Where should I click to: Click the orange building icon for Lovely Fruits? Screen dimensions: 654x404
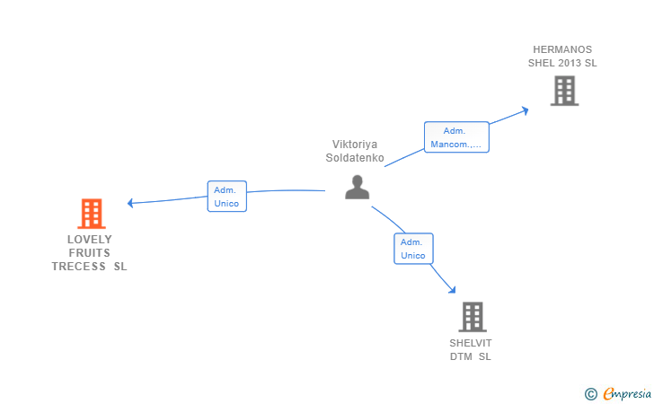(92, 214)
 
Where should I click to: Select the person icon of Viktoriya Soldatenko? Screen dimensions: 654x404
(357, 188)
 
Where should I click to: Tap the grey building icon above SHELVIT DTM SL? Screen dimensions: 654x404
(473, 317)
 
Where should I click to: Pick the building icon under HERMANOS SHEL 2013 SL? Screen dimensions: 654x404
(564, 91)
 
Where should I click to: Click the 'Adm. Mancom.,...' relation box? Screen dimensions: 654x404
(456, 137)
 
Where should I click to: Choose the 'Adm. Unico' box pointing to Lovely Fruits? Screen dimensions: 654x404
(227, 197)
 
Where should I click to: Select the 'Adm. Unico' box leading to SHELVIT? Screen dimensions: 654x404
(413, 249)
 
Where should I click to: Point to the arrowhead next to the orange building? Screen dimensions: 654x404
(130, 203)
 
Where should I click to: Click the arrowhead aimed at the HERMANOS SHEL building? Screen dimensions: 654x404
(526, 111)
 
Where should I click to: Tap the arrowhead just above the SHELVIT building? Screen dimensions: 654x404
(452, 290)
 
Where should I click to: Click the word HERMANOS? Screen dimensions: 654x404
(562, 49)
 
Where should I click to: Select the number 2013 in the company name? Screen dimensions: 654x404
(570, 63)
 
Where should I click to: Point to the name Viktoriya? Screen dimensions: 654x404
(355, 145)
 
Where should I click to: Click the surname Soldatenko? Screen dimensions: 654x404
(355, 158)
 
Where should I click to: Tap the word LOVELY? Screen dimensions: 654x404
(90, 240)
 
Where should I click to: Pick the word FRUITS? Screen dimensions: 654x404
(90, 252)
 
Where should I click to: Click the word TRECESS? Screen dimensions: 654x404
(78, 267)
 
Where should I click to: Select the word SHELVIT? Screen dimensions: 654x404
(471, 343)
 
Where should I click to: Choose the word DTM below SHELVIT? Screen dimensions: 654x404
(461, 356)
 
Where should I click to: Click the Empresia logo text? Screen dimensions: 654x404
(627, 393)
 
